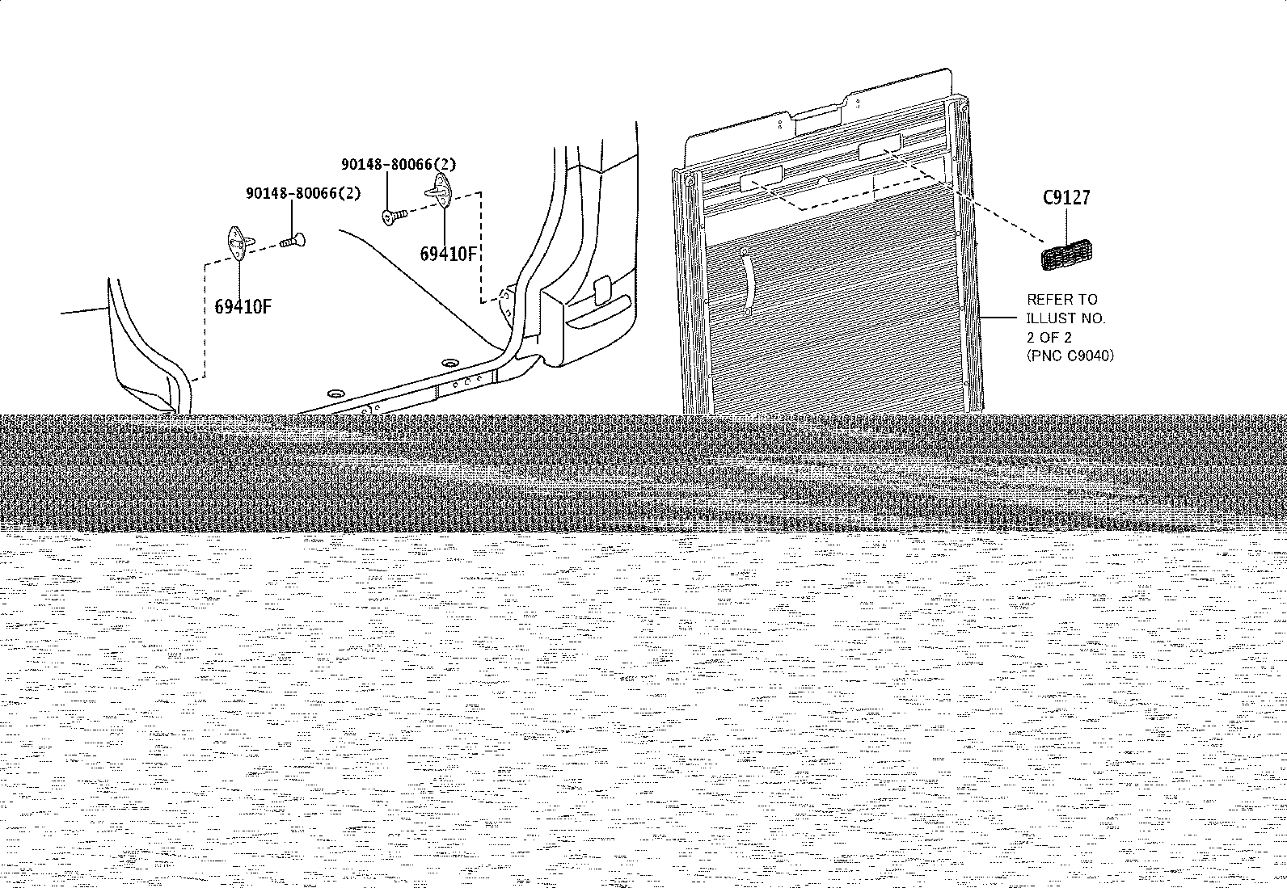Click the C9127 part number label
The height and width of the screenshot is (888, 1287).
(1066, 198)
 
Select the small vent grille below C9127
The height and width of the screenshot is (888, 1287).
(1066, 255)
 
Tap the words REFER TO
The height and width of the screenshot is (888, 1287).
(1061, 299)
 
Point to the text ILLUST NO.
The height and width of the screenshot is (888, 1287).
(1065, 318)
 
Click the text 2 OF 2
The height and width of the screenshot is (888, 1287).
(1049, 337)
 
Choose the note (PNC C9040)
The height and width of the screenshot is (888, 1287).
(1070, 356)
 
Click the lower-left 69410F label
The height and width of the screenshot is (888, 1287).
(243, 307)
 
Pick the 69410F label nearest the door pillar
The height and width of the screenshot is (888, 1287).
(448, 254)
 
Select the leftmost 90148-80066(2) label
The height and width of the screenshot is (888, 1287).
(303, 193)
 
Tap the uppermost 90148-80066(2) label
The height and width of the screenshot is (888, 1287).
(399, 164)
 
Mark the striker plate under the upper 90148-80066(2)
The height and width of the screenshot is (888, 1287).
(440, 191)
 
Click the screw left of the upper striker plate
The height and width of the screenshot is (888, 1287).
(395, 217)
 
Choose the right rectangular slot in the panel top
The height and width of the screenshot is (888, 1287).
(880, 147)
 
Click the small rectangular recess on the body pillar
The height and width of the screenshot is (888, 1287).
(603, 291)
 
